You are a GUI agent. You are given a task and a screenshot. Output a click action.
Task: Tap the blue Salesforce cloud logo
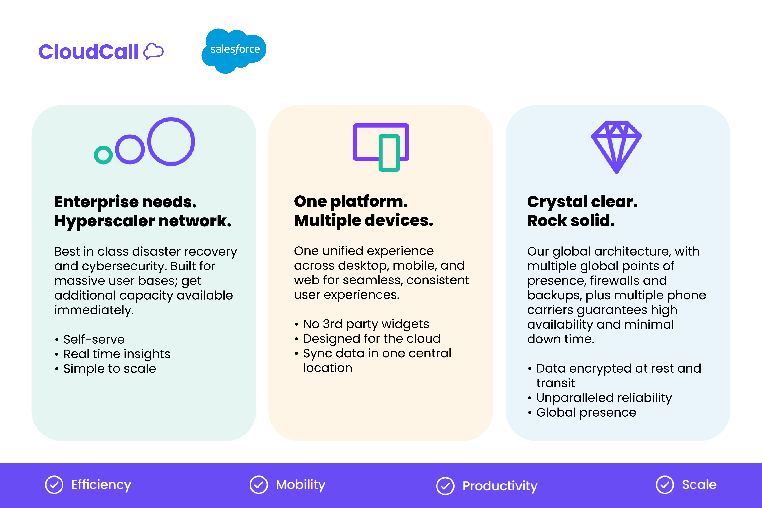point(234,50)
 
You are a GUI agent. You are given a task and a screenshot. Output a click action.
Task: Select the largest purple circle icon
point(171,142)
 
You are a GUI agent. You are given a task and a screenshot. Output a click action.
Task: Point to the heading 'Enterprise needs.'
point(125,202)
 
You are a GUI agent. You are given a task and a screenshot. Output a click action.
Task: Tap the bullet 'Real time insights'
point(117,354)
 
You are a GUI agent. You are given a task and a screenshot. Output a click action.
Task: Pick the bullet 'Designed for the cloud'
point(372,339)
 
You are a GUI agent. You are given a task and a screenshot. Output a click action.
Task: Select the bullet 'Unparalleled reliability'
point(604,398)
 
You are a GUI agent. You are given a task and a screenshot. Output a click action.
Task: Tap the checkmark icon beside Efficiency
point(54,485)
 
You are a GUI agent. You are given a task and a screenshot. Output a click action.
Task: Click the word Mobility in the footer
point(300,485)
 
